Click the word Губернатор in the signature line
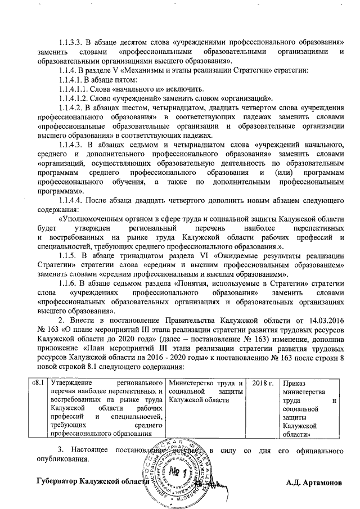point(57,483)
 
